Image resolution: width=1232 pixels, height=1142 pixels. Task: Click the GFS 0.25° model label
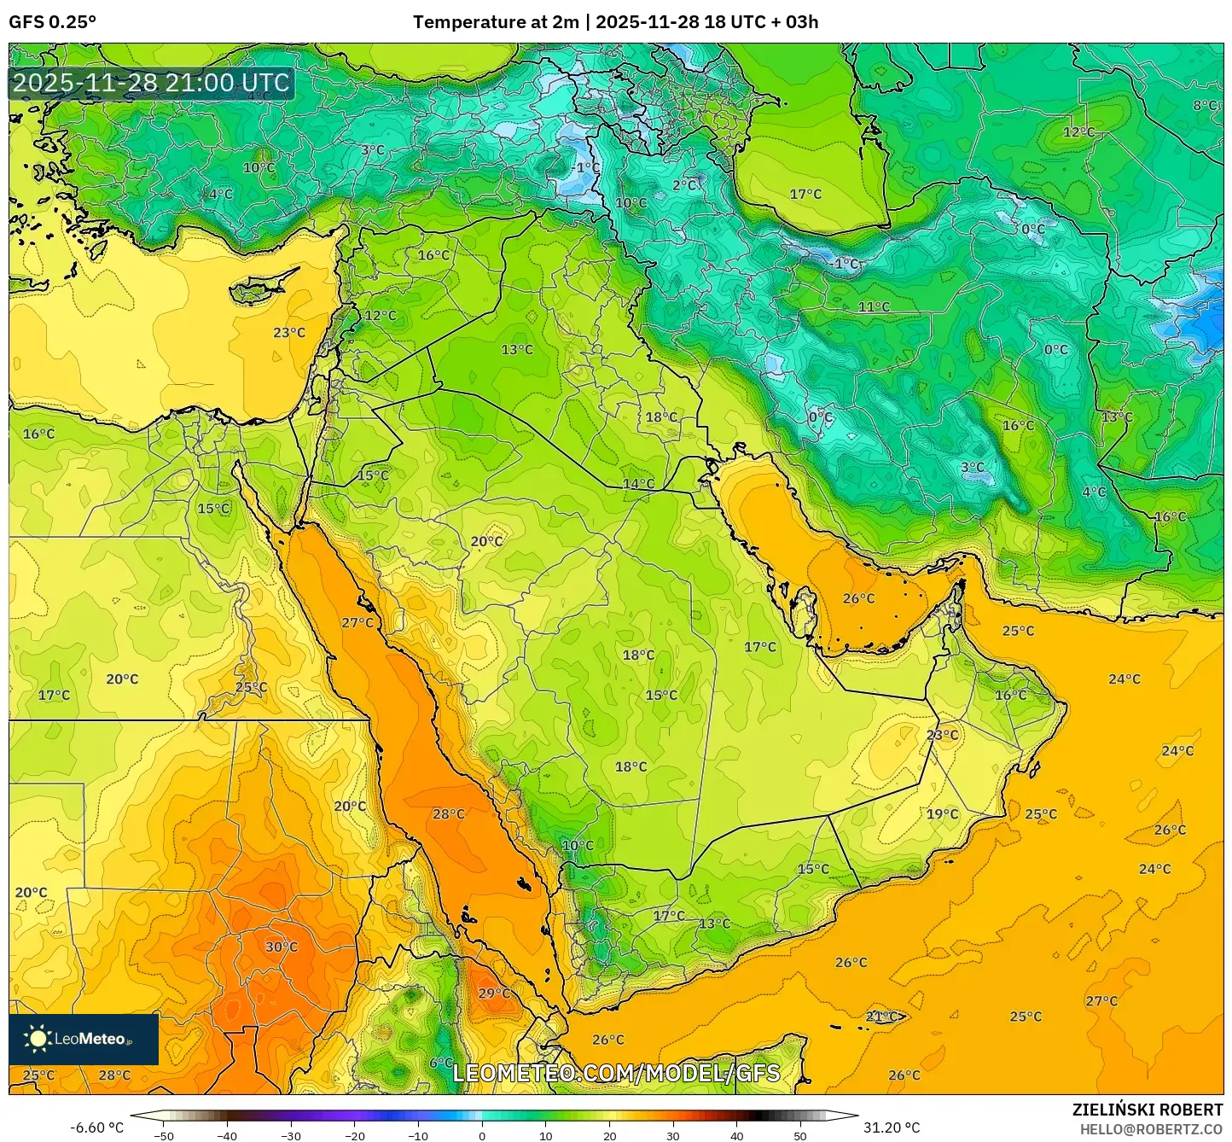pyautogui.click(x=52, y=22)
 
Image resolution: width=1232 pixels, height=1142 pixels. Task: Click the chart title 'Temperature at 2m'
pyautogui.click(x=495, y=22)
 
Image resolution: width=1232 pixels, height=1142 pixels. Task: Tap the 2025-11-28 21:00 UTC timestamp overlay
pyautogui.click(x=151, y=84)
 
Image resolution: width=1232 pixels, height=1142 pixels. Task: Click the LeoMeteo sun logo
pyautogui.click(x=38, y=1039)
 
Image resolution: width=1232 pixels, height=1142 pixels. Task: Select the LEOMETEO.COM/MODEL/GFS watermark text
pyautogui.click(x=616, y=1073)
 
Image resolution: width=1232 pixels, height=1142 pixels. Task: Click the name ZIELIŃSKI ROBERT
pyautogui.click(x=1148, y=1110)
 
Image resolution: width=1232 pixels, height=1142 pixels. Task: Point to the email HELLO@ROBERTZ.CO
pyautogui.click(x=1151, y=1128)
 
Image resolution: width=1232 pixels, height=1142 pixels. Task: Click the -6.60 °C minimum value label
pyautogui.click(x=96, y=1127)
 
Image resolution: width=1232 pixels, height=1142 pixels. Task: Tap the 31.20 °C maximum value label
pyautogui.click(x=891, y=1127)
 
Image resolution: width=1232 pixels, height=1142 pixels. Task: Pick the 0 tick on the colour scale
pyautogui.click(x=482, y=1135)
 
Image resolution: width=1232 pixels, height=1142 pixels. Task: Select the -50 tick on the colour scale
pyautogui.click(x=163, y=1135)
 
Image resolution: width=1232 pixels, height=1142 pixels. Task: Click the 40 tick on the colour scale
pyautogui.click(x=737, y=1135)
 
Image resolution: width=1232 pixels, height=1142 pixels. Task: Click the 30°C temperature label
pyautogui.click(x=281, y=947)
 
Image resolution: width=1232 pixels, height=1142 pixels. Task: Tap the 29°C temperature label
pyautogui.click(x=493, y=993)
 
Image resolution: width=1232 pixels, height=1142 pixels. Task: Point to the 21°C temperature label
pyautogui.click(x=881, y=1017)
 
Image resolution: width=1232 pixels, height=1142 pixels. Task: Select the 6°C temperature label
pyautogui.click(x=441, y=1062)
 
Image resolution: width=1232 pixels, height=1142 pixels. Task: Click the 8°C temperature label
pyautogui.click(x=1205, y=105)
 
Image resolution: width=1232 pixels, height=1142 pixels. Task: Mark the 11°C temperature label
pyautogui.click(x=874, y=306)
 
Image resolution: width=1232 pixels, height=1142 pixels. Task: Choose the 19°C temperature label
pyautogui.click(x=942, y=813)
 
